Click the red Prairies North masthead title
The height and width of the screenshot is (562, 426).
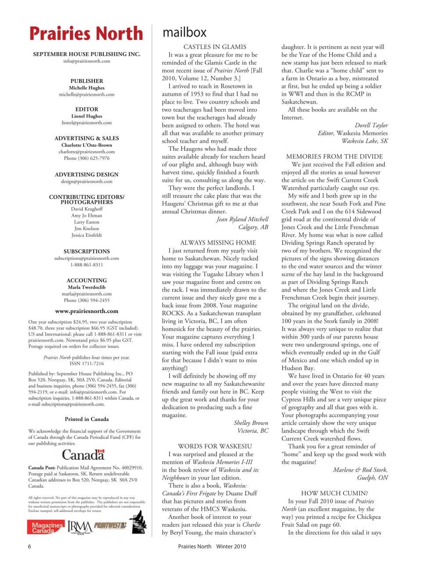[86, 34]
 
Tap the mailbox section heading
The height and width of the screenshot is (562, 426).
[184, 32]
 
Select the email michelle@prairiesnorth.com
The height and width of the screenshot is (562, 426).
[87, 94]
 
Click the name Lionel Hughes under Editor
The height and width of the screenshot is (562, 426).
[87, 116]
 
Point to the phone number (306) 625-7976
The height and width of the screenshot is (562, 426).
[87, 158]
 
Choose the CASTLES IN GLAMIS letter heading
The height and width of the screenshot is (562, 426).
[215, 47]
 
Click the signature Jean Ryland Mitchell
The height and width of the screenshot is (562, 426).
[242, 219]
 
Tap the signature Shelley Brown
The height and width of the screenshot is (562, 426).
[251, 423]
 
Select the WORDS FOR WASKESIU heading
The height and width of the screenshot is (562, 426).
[215, 446]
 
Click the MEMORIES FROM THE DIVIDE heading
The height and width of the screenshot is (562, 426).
[334, 156]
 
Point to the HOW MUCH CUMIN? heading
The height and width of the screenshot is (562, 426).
[334, 493]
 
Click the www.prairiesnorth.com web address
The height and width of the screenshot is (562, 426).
[87, 311]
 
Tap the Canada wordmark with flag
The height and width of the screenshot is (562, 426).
[84, 454]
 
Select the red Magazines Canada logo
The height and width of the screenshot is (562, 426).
[46, 527]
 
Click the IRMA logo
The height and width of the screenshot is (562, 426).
[80, 526]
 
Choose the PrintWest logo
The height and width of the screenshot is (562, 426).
[110, 526]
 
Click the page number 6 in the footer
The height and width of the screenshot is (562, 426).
[29, 547]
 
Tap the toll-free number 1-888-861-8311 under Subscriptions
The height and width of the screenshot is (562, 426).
[87, 265]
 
